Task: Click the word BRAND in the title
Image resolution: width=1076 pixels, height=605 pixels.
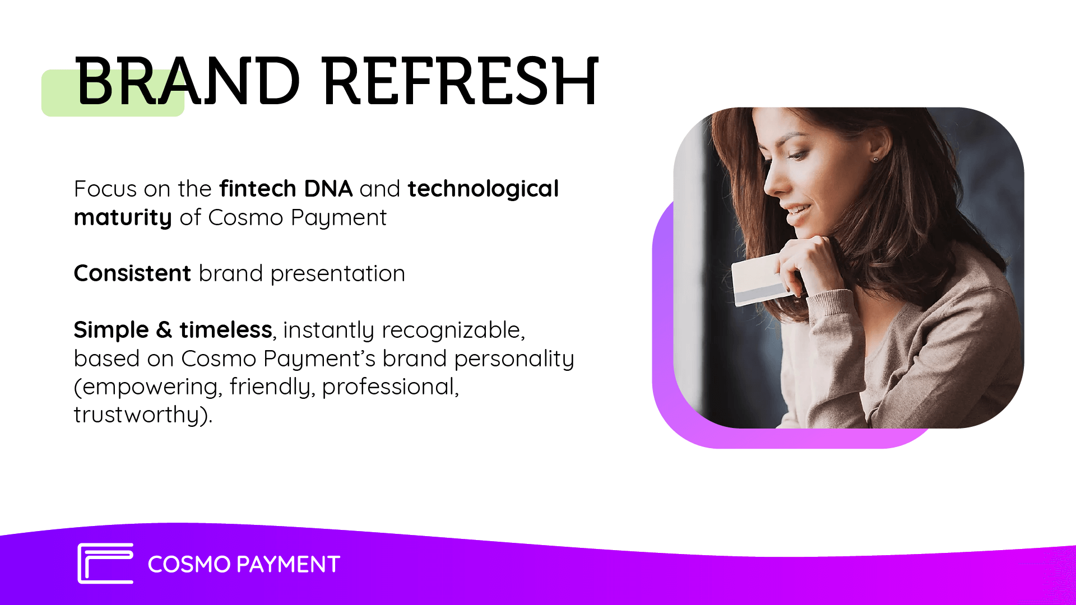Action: click(188, 81)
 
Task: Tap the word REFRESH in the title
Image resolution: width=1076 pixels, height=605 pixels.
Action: click(461, 81)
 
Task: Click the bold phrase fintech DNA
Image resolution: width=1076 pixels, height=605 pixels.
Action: click(286, 189)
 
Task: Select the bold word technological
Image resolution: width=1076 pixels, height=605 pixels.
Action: click(483, 189)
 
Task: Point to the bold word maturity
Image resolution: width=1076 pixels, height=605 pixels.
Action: click(123, 218)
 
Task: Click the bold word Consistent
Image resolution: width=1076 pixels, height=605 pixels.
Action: click(133, 273)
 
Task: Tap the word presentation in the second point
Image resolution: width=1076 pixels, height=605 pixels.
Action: click(337, 274)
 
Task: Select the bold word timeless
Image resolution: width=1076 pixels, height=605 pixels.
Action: click(226, 329)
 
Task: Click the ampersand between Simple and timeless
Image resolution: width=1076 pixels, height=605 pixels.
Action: click(164, 329)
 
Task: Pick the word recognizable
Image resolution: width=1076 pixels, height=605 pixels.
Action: click(453, 331)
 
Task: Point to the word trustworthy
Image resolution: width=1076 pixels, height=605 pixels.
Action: click(137, 415)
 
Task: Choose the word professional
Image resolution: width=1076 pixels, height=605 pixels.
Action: click(388, 387)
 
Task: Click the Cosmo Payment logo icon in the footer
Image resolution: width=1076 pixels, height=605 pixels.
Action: click(105, 564)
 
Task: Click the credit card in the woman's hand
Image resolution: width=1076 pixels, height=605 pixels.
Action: click(762, 280)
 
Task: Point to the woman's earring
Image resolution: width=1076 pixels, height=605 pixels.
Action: click(876, 160)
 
